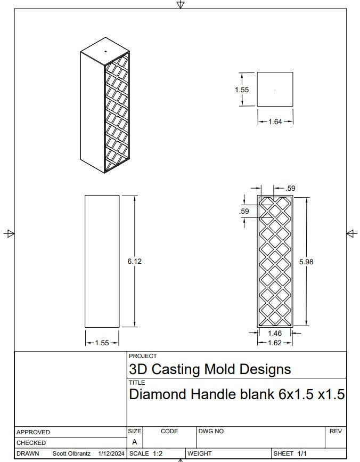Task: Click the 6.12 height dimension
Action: pyautogui.click(x=134, y=261)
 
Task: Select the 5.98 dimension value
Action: pyautogui.click(x=306, y=262)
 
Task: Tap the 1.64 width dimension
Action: pyautogui.click(x=275, y=122)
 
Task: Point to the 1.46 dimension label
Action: pyautogui.click(x=275, y=333)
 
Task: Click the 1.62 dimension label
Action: pyautogui.click(x=275, y=343)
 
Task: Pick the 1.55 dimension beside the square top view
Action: pyautogui.click(x=242, y=90)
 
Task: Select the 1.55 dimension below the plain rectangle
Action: pyautogui.click(x=102, y=343)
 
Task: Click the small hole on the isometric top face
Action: pyautogui.click(x=105, y=52)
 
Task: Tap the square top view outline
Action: pyautogui.click(x=275, y=89)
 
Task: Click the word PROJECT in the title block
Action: pyautogui.click(x=143, y=356)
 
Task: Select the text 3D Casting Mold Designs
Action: pyautogui.click(x=210, y=369)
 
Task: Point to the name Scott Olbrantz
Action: pyautogui.click(x=71, y=453)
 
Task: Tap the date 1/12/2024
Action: pyautogui.click(x=112, y=453)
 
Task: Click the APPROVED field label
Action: pyautogui.click(x=33, y=432)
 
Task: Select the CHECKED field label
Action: pyautogui.click(x=31, y=443)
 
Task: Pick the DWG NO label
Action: pyautogui.click(x=211, y=431)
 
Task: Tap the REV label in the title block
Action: pyautogui.click(x=336, y=431)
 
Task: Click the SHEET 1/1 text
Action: pyautogui.click(x=290, y=453)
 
